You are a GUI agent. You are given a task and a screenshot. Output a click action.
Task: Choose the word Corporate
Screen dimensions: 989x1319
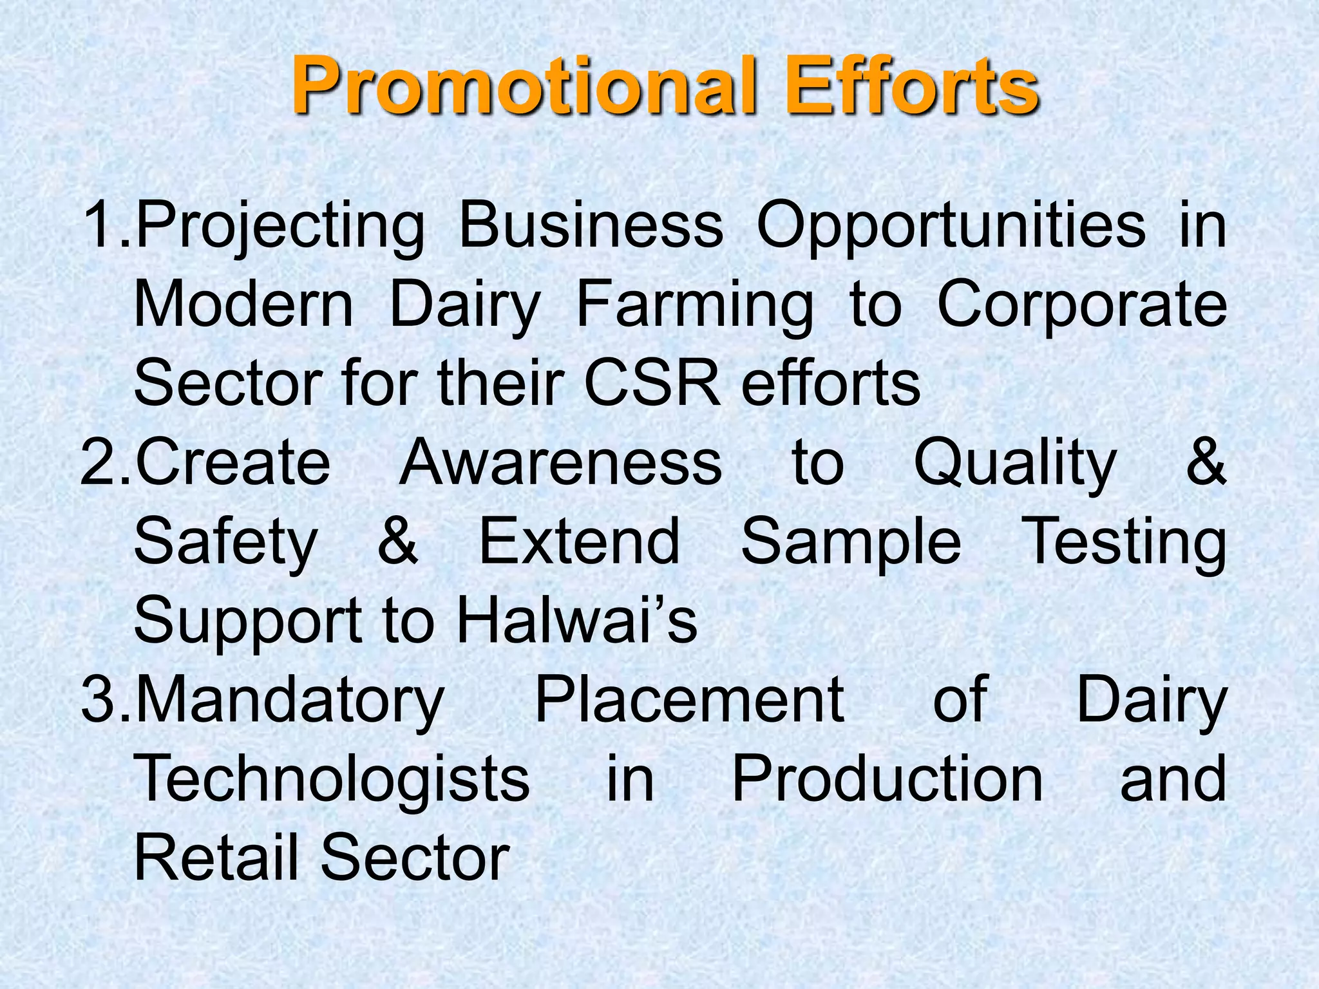pos(1082,306)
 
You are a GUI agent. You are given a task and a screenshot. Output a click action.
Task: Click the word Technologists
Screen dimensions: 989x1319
pos(332,779)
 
